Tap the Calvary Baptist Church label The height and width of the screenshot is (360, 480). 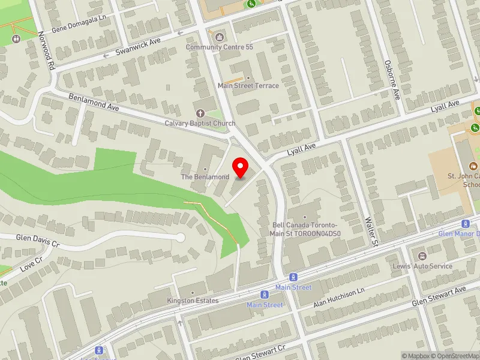(200, 124)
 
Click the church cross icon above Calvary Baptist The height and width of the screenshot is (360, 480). (200, 113)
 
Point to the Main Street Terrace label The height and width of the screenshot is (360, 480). (248, 86)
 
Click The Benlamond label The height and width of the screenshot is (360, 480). (205, 178)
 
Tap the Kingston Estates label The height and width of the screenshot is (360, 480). (193, 300)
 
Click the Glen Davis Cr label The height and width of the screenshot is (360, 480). (38, 241)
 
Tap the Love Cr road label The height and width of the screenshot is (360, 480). (31, 263)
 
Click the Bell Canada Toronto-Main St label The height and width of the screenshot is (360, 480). (306, 229)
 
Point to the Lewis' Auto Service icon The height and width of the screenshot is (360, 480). (422, 256)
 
